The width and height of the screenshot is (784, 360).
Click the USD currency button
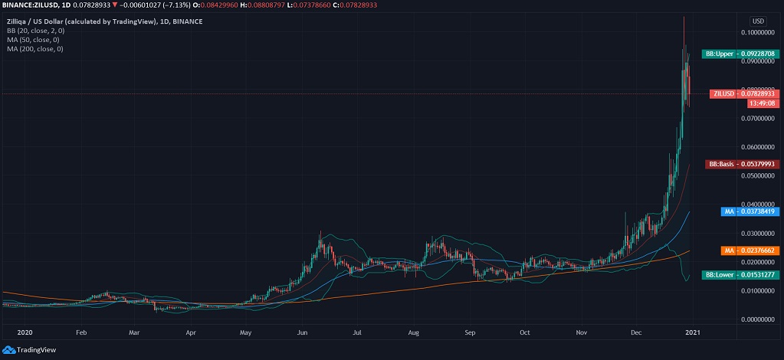[758, 21]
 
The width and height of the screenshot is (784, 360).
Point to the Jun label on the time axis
[302, 333]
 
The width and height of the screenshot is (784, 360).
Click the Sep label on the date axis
[471, 333]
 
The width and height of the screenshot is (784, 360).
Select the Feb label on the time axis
[80, 333]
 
